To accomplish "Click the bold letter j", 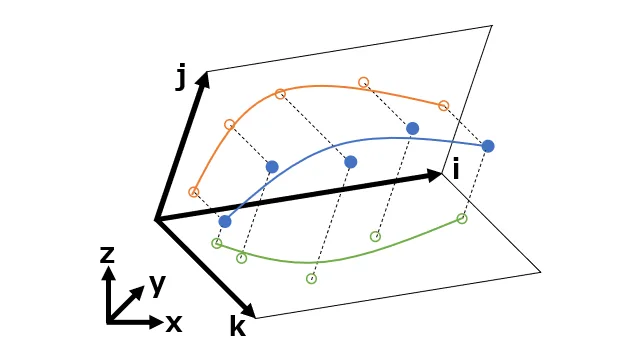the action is (x=182, y=77).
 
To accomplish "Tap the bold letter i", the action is (x=456, y=169).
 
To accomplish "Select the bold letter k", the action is (x=237, y=326).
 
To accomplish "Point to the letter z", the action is (x=107, y=254).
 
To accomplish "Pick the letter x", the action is (x=173, y=322).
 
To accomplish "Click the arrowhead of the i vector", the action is (x=436, y=175).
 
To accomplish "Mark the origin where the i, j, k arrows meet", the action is (x=156, y=218).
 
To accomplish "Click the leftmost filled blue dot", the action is (x=225, y=221).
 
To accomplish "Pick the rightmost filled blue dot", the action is (x=488, y=146).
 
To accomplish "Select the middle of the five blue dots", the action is (x=351, y=162).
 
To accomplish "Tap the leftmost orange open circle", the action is (x=194, y=191).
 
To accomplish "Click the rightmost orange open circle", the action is (x=444, y=105).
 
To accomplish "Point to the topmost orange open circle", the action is (x=364, y=82).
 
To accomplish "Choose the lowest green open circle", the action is (x=311, y=278).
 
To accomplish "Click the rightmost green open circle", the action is (x=462, y=218).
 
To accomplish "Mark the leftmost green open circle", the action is (x=216, y=243).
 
